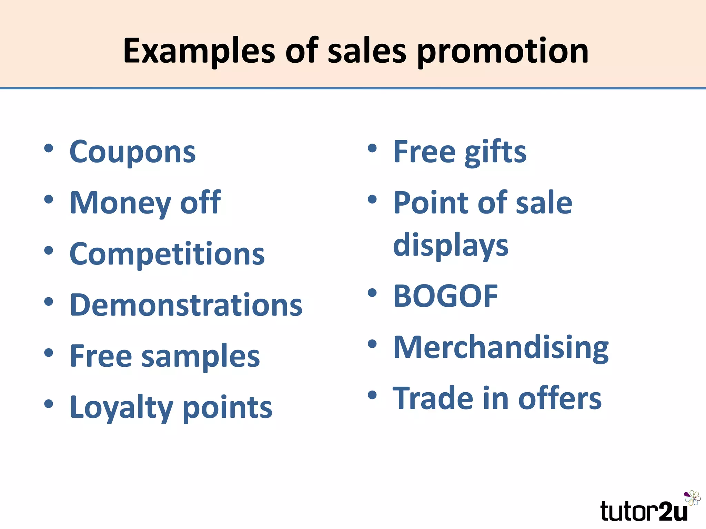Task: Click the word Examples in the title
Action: click(x=199, y=52)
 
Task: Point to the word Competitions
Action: click(x=167, y=254)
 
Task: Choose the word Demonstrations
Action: click(x=186, y=305)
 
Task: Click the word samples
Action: click(x=201, y=356)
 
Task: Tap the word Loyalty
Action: click(x=121, y=408)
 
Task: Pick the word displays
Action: click(x=451, y=245)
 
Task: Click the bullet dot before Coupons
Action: click(x=49, y=148)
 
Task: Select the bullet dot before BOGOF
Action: click(x=372, y=293)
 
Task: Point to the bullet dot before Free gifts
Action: click(x=372, y=148)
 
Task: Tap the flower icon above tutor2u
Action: click(x=692, y=498)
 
